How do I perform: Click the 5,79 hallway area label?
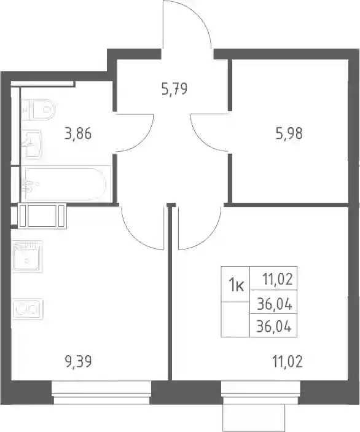pyautogui.click(x=174, y=89)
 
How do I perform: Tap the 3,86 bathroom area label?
pyautogui.click(x=78, y=134)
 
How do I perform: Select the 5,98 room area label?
pyautogui.click(x=289, y=133)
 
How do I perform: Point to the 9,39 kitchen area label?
pyautogui.click(x=79, y=361)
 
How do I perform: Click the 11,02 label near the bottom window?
pyautogui.click(x=288, y=361)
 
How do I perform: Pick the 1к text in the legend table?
pyautogui.click(x=237, y=286)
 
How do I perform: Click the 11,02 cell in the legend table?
pyautogui.click(x=277, y=280)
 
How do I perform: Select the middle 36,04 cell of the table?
pyautogui.click(x=275, y=304)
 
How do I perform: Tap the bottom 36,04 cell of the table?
pyautogui.click(x=274, y=327)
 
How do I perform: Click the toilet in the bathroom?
pyautogui.click(x=39, y=109)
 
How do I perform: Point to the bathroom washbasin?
pyautogui.click(x=33, y=144)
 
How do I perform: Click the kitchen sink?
pyautogui.click(x=27, y=256)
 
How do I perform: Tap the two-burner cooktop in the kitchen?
pyautogui.click(x=28, y=309)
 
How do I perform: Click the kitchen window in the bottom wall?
pyautogui.click(x=101, y=393)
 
